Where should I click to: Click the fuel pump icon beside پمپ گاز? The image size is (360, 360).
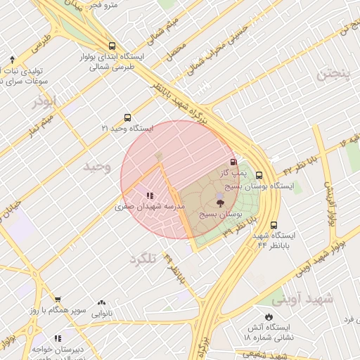(233, 162)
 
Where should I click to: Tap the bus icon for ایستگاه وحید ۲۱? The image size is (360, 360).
(127, 118)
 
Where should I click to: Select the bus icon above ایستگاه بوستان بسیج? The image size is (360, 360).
(259, 176)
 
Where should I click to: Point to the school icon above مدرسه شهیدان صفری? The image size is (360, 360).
(150, 196)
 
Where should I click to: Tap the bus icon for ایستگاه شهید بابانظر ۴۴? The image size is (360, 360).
(273, 226)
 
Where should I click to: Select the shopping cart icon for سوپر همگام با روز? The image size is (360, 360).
(58, 300)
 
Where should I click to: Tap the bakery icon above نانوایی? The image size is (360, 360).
(102, 303)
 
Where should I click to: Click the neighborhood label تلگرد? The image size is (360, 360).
(141, 259)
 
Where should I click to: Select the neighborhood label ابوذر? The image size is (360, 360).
(44, 103)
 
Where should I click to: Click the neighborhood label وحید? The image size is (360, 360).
(97, 167)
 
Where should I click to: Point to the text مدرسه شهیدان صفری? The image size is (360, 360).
(150, 207)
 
